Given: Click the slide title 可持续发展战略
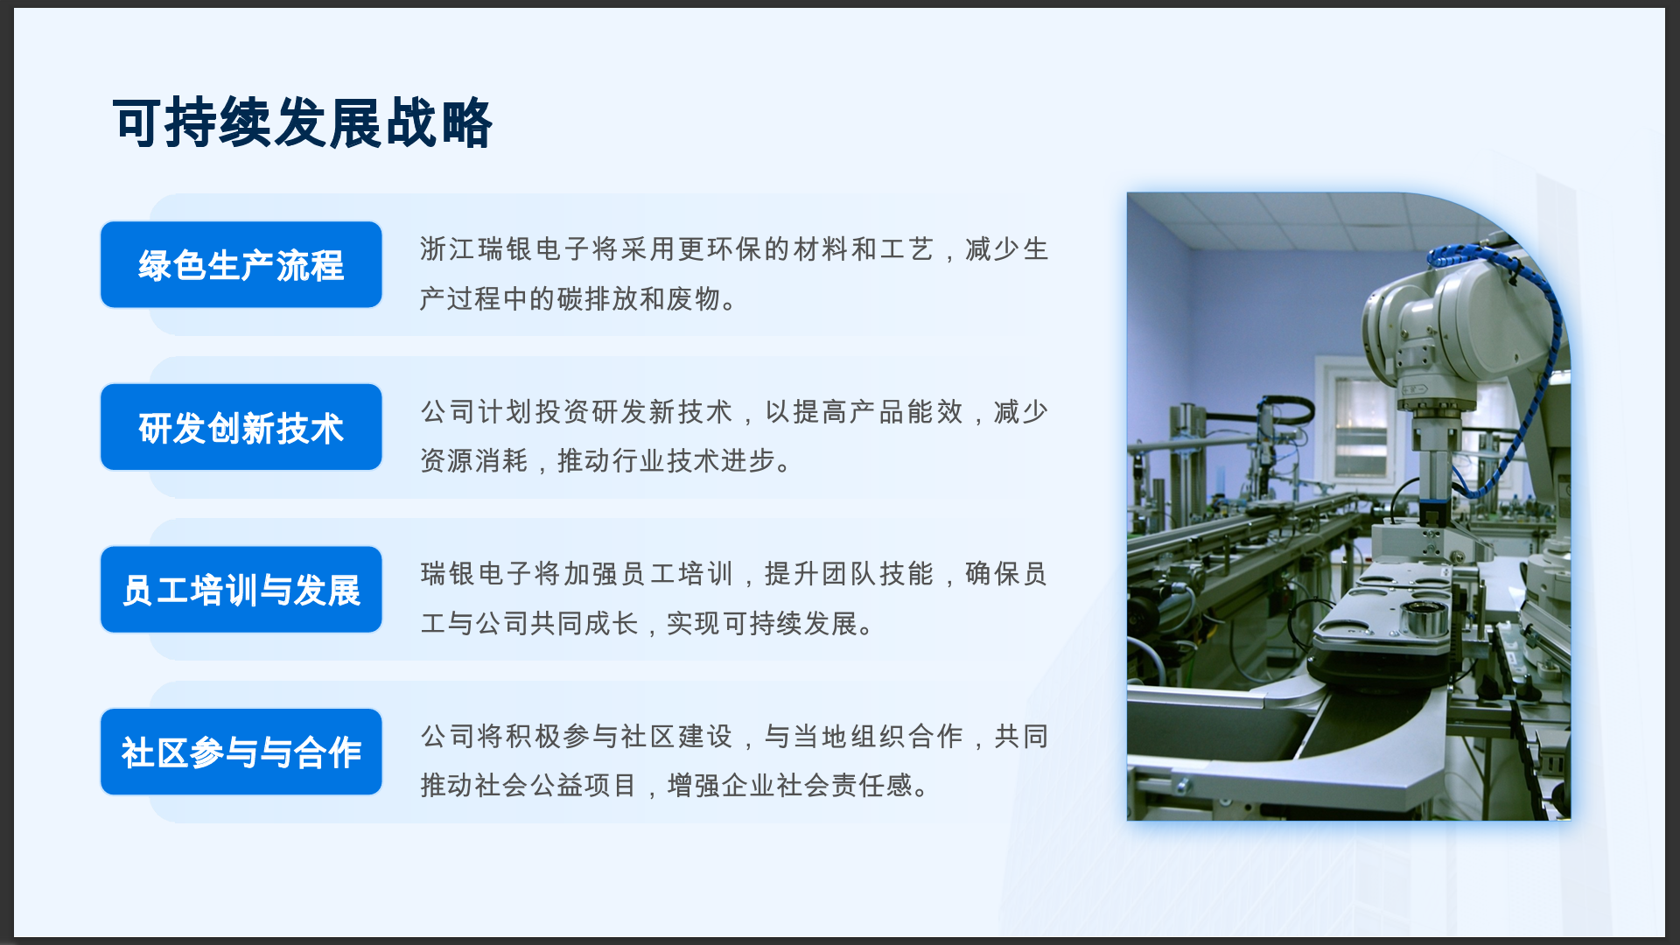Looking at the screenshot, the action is click(303, 122).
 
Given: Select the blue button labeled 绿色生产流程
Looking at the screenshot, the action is click(241, 264).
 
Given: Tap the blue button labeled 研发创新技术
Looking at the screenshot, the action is click(241, 427).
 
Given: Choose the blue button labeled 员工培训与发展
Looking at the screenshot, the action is click(241, 590).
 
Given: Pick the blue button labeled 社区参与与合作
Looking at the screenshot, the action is click(241, 752).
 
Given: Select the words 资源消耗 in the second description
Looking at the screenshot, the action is click(474, 460).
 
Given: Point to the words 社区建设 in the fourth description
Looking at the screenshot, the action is click(676, 737).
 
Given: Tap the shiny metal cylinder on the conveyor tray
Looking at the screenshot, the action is click(1424, 619).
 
